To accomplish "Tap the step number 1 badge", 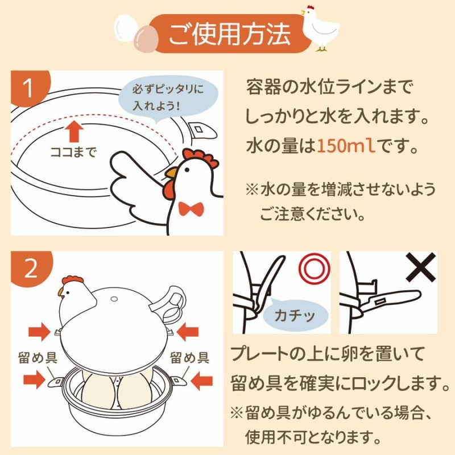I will [x=28, y=90].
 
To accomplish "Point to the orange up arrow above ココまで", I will [x=73, y=130].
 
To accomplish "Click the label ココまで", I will [x=73, y=152].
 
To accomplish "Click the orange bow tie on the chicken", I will [x=191, y=208].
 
